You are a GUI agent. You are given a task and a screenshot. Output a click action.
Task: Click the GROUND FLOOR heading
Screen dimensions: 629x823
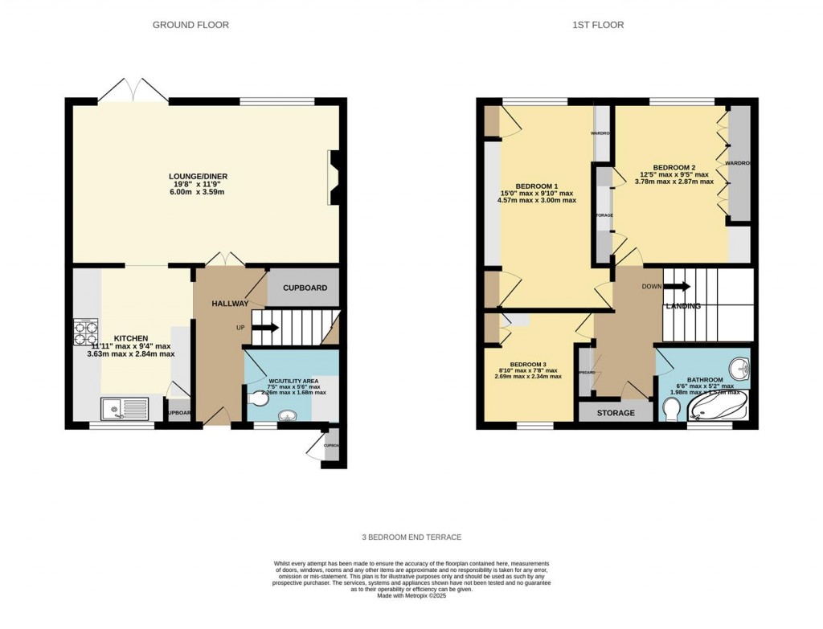190,25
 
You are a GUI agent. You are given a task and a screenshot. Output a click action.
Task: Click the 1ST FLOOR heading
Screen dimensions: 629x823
597,25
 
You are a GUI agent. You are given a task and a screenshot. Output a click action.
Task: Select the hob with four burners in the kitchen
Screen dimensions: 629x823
85,331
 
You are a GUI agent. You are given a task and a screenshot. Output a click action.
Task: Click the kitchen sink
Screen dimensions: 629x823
125,409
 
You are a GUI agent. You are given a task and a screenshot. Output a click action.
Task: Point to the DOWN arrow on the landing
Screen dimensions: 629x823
677,286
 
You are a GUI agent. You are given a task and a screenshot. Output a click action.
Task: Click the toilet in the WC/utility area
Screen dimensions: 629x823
258,398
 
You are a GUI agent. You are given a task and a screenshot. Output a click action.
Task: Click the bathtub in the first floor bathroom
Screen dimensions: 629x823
720,406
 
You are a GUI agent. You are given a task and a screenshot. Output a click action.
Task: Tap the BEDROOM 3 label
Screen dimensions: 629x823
527,363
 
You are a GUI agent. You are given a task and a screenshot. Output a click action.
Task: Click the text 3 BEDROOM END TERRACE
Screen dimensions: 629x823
411,537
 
